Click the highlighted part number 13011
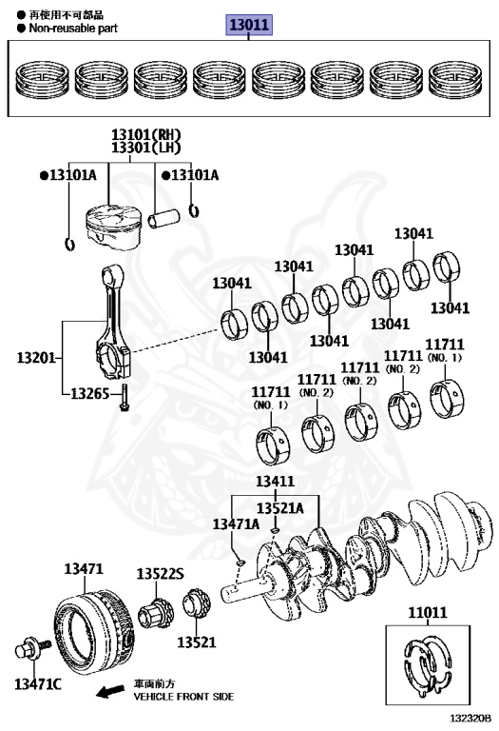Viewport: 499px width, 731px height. coord(249,24)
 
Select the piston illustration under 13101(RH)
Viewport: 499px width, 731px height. coord(113,227)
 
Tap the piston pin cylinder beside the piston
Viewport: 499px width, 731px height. coord(163,218)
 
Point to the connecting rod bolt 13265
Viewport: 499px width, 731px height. coord(125,398)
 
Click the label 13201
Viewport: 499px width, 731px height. coord(36,358)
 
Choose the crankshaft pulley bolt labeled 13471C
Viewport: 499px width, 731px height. coord(31,648)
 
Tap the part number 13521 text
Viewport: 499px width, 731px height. coord(197,642)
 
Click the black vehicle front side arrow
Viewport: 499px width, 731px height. coord(110,691)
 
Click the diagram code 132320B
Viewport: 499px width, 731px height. coord(470,719)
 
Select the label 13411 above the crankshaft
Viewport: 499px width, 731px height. coord(275,481)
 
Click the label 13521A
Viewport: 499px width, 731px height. coord(280,507)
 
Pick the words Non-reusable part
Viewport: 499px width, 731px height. coord(73,28)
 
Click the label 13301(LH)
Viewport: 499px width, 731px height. coord(146,148)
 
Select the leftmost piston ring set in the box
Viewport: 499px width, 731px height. coord(42,79)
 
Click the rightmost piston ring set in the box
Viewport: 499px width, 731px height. coord(454,79)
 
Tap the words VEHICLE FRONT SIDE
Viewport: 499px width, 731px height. coord(183,697)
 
